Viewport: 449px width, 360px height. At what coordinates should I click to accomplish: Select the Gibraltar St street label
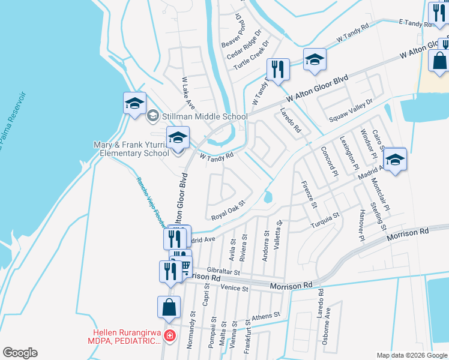pos(223,272)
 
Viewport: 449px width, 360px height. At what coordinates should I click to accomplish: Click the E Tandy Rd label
pos(415,24)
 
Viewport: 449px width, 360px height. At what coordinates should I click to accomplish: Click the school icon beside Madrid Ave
pos(395,160)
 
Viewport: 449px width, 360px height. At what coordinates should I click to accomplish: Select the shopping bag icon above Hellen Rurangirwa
pos(169,307)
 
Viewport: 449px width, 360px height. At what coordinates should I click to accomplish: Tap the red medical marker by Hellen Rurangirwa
pos(170,336)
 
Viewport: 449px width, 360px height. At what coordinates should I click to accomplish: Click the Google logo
pos(20,353)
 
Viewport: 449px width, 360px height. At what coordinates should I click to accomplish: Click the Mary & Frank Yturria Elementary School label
pos(131,149)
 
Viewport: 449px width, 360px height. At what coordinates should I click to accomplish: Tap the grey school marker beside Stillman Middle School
pos(153,116)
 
